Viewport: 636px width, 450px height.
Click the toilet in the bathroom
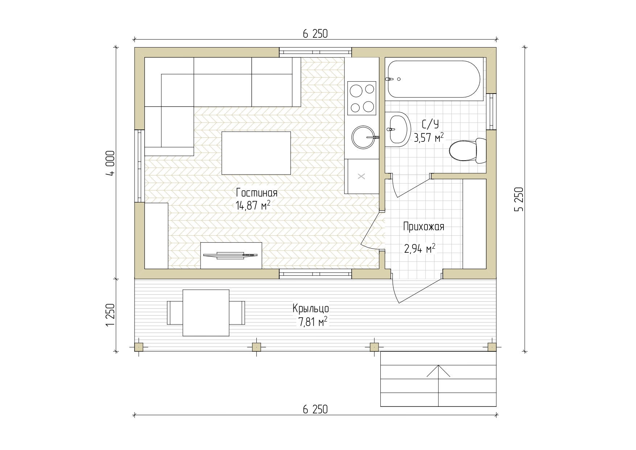click(468, 150)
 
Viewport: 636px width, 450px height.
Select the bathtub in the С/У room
click(434, 79)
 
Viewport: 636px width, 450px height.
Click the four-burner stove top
click(361, 98)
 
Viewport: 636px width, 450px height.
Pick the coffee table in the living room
click(256, 153)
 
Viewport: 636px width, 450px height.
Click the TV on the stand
click(231, 255)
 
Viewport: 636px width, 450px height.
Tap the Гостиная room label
click(256, 193)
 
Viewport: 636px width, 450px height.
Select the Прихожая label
click(424, 227)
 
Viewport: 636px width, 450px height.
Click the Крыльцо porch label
click(311, 309)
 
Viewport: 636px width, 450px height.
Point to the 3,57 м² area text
click(429, 137)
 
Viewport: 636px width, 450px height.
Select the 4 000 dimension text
click(110, 163)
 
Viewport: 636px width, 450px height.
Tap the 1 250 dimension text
click(110, 315)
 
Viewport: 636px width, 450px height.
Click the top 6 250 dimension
click(315, 34)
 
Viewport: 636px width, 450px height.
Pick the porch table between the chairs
click(206, 313)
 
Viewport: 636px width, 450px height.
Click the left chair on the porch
click(175, 313)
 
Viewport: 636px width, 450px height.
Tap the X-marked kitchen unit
click(362, 177)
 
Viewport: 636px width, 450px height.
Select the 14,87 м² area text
click(253, 206)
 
